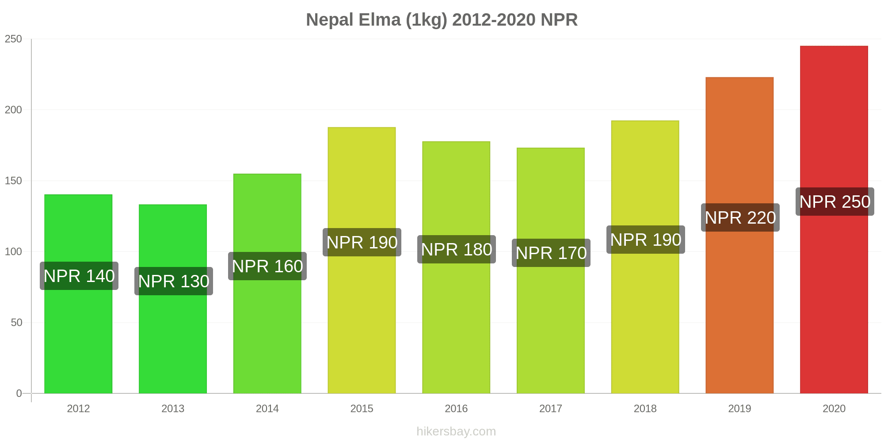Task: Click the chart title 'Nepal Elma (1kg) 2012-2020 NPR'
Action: [x=442, y=20]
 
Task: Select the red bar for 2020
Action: [x=834, y=287]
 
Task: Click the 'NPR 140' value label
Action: [x=79, y=276]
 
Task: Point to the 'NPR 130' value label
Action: [x=174, y=282]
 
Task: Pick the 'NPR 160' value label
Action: [x=267, y=267]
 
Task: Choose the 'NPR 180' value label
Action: [x=457, y=250]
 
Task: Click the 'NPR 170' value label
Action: [x=551, y=253]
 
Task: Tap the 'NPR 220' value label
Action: [x=740, y=218]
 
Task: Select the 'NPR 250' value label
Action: [x=835, y=202]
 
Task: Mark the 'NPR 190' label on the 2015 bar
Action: [x=362, y=243]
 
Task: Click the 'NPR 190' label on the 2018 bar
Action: [x=646, y=240]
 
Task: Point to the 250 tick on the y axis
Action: [x=13, y=39]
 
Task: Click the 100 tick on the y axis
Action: [x=13, y=252]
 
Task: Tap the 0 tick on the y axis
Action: [x=19, y=393]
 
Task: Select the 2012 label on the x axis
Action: [x=78, y=409]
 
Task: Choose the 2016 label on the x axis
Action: [x=456, y=409]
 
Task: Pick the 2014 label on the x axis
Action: [x=267, y=409]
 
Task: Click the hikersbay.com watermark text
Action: [x=456, y=431]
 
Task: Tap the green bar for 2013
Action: [x=173, y=336]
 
